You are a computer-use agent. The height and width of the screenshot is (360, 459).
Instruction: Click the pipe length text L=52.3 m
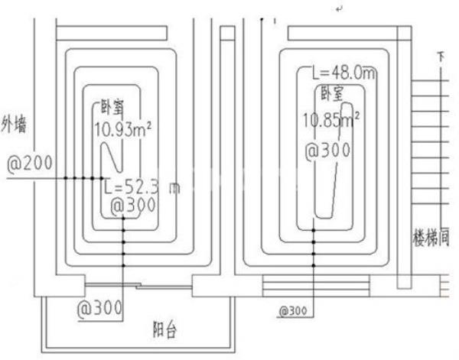140,187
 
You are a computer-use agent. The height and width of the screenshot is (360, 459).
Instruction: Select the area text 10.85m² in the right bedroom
332,120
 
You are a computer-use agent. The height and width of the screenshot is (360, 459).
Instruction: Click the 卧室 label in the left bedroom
112,109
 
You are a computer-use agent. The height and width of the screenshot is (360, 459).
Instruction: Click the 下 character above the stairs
440,57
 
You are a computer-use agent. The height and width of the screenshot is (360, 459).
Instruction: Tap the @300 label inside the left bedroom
133,206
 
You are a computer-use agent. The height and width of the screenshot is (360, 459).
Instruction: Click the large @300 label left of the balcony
100,310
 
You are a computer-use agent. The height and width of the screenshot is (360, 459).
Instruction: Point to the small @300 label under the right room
293,312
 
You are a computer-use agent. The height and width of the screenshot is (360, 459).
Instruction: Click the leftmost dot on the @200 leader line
66,178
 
